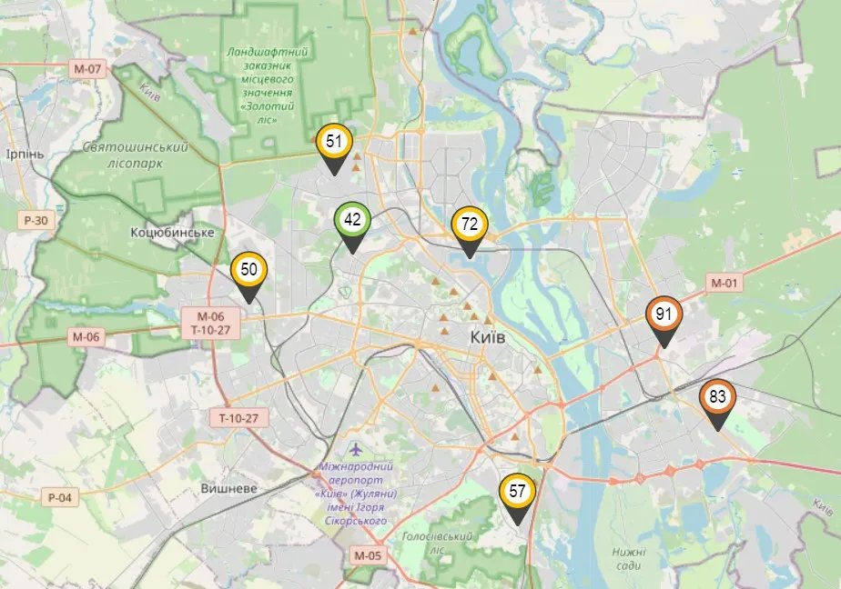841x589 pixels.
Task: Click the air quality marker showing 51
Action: tap(334, 142)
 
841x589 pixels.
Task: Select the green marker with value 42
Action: tap(352, 220)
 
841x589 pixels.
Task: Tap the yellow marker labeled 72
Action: tap(470, 224)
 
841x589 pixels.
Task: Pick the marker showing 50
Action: tap(248, 270)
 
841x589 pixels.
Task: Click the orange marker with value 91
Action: tap(664, 314)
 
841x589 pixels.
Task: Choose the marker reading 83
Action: tap(717, 397)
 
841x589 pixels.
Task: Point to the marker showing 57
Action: tap(518, 492)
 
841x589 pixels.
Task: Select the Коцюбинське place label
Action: tap(172, 233)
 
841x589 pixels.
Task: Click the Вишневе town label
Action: tap(228, 488)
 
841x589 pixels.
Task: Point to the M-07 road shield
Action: tap(89, 68)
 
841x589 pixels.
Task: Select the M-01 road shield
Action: tap(724, 283)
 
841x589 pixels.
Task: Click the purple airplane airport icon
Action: tap(355, 450)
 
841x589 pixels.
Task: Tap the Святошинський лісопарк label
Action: tap(135, 155)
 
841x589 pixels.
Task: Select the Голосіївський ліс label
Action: tap(437, 543)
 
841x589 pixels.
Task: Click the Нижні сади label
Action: tap(629, 558)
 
